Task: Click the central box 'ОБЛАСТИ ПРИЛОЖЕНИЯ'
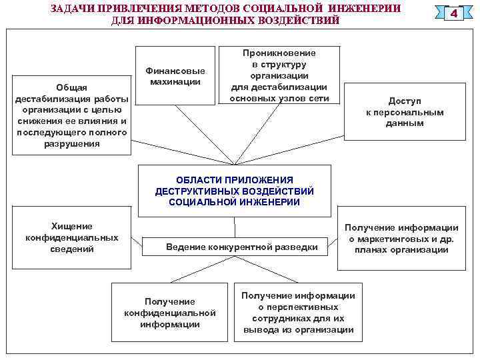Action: click(x=234, y=191)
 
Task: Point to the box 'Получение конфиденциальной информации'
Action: click(x=170, y=313)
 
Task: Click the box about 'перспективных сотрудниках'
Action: click(x=298, y=312)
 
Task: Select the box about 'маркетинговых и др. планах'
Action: click(x=402, y=239)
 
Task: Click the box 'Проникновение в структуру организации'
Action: click(x=279, y=75)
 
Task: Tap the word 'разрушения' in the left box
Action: click(x=71, y=143)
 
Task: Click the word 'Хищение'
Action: click(x=72, y=227)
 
